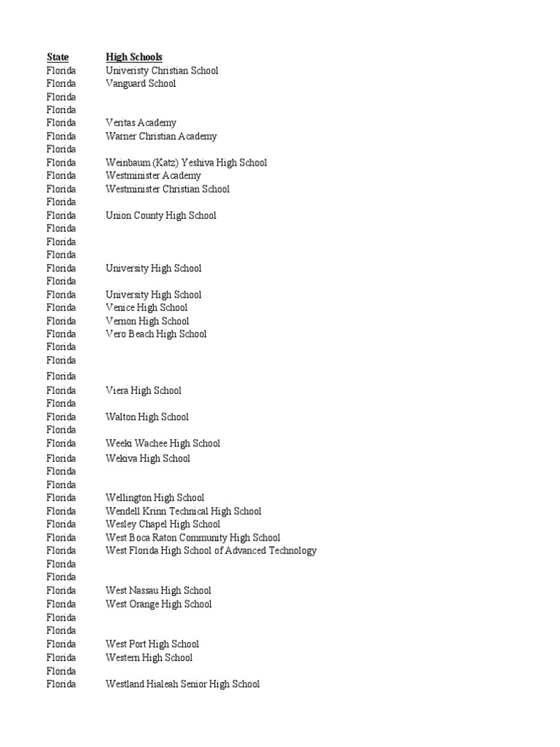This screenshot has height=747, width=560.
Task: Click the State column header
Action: click(58, 57)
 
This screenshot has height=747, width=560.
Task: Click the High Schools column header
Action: click(133, 57)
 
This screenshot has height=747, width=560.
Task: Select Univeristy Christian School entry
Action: click(161, 71)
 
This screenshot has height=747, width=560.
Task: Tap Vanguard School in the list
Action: click(140, 84)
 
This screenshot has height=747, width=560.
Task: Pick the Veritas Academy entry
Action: click(140, 123)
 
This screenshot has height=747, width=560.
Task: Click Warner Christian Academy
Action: click(160, 136)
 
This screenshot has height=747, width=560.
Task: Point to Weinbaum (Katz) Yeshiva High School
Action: click(186, 163)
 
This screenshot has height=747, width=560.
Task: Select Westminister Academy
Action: click(153, 176)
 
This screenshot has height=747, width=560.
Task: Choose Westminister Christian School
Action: click(167, 189)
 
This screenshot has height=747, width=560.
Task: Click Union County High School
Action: click(160, 216)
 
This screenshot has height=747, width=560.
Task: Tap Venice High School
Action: click(146, 308)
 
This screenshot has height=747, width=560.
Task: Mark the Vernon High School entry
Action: click(147, 321)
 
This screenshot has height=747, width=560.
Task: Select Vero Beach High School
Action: click(155, 334)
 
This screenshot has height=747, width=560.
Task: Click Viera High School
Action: click(143, 391)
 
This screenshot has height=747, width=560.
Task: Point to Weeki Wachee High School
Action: click(163, 444)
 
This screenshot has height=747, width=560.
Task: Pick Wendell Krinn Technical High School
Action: click(183, 511)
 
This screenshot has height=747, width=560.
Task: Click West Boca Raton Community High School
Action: click(192, 538)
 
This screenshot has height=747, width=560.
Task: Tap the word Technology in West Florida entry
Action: click(292, 551)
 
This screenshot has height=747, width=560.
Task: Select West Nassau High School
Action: click(158, 591)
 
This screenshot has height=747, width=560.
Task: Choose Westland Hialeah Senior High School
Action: click(182, 684)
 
